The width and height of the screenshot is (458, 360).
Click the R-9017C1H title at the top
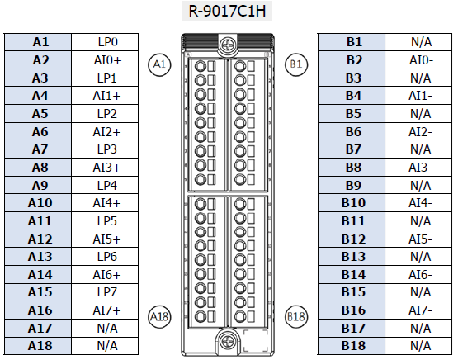click(x=227, y=11)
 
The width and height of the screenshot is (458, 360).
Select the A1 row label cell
click(x=38, y=42)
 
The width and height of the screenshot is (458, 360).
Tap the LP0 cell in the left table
click(x=105, y=42)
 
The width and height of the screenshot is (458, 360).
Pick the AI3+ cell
click(x=105, y=168)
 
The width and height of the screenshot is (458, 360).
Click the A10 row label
click(x=38, y=203)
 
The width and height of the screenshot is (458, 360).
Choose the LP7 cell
click(x=105, y=292)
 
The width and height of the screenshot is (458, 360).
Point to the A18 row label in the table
click(x=38, y=346)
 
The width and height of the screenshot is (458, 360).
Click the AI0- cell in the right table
click(x=418, y=60)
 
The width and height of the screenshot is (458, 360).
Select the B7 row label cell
click(x=352, y=149)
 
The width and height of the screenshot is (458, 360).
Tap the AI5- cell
click(x=418, y=239)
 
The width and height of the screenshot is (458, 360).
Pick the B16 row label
click(x=352, y=310)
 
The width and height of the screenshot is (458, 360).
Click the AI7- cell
click(x=418, y=310)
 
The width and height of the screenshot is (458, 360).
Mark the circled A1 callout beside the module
click(x=159, y=64)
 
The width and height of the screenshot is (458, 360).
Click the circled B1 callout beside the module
click(x=296, y=64)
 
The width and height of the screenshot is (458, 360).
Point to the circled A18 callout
click(x=159, y=317)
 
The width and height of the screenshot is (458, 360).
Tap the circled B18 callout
click(x=296, y=317)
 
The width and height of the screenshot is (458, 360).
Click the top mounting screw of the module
click(x=227, y=45)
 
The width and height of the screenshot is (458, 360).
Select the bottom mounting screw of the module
click(x=227, y=341)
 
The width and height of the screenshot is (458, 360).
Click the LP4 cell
click(x=105, y=185)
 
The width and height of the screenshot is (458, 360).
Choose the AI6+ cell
click(x=105, y=274)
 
